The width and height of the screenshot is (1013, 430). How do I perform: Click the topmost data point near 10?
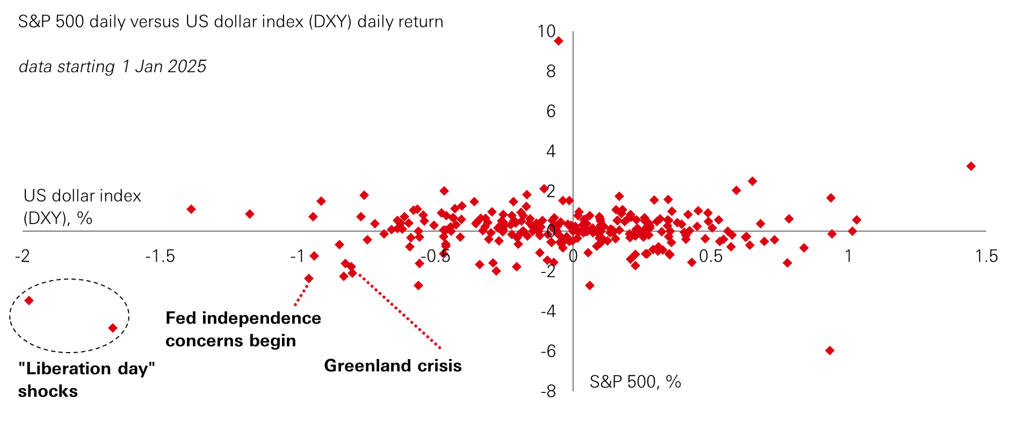click(559, 41)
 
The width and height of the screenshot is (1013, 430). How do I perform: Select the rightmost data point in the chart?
click(971, 166)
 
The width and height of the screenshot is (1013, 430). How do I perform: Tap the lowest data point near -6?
click(829, 350)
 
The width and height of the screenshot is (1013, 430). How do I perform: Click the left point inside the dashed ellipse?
click(29, 300)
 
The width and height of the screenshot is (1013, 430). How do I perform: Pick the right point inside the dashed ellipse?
click(113, 328)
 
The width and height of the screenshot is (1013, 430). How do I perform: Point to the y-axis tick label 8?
click(551, 71)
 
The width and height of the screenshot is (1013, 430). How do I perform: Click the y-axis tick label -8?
click(548, 391)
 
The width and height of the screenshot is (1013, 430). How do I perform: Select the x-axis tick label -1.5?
click(160, 256)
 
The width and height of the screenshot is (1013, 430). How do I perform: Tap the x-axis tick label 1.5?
click(986, 256)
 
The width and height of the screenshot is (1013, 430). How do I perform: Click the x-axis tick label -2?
click(22, 256)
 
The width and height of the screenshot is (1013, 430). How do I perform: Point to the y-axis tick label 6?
click(551, 111)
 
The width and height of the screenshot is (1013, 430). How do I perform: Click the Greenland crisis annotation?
click(393, 366)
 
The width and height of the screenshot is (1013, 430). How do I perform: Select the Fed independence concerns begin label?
click(243, 329)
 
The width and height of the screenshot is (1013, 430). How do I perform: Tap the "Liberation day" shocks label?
click(86, 379)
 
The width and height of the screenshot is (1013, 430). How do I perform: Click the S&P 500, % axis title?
click(635, 382)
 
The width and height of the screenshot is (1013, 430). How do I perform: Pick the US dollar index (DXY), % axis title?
click(82, 206)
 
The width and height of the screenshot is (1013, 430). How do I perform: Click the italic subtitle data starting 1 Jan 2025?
click(112, 67)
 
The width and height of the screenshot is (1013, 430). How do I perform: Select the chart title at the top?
click(230, 22)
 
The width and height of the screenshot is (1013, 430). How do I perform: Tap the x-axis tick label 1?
click(848, 256)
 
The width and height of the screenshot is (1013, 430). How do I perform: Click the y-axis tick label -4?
click(548, 311)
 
